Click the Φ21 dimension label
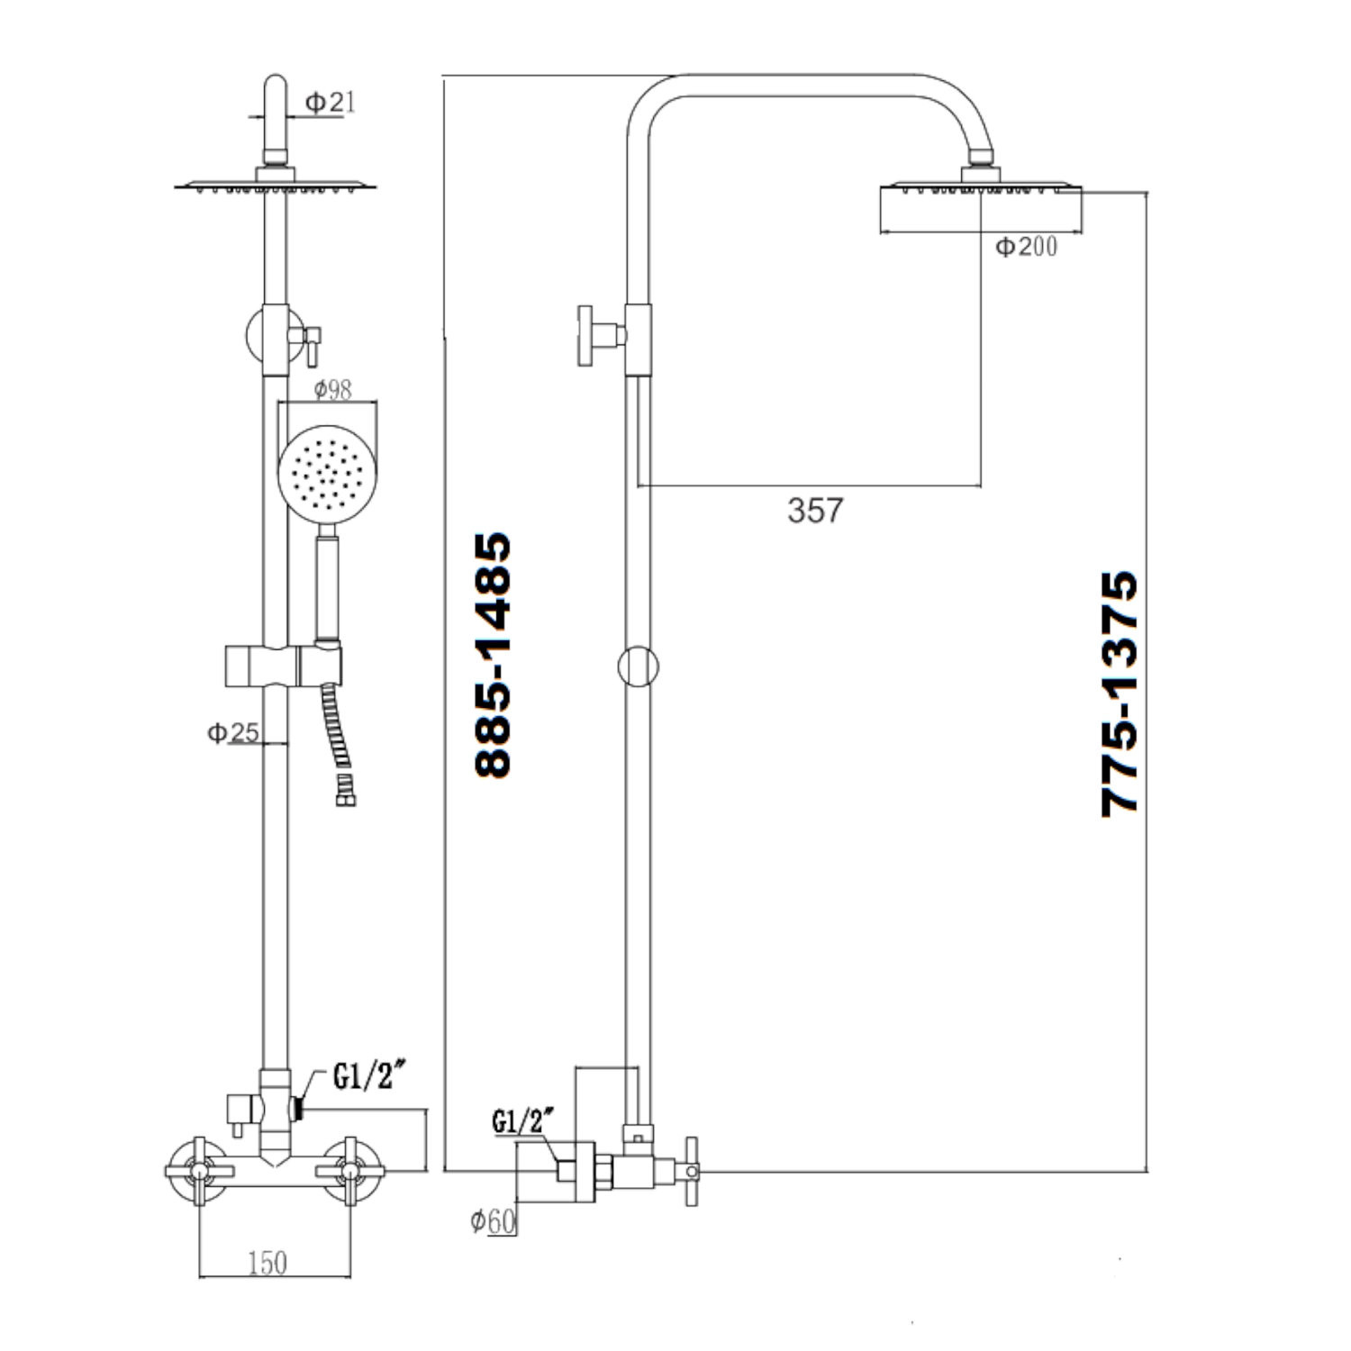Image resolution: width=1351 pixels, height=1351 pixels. (330, 103)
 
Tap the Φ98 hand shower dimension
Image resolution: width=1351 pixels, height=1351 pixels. (332, 390)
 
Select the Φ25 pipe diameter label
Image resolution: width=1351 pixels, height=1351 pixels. (232, 733)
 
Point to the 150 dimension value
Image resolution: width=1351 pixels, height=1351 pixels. (267, 1264)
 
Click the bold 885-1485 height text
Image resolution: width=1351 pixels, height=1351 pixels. (493, 655)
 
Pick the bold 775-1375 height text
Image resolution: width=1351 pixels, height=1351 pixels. (1120, 694)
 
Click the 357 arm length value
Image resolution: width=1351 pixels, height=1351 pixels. (815, 511)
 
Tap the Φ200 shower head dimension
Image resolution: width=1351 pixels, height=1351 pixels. (1026, 246)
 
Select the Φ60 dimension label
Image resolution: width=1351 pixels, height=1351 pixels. (493, 1221)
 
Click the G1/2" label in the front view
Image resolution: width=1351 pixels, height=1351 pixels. (365, 1076)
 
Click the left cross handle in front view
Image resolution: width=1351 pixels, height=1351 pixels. (198, 1171)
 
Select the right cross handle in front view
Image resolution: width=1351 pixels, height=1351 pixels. (350, 1171)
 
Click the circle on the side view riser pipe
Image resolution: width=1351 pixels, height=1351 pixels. (639, 667)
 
